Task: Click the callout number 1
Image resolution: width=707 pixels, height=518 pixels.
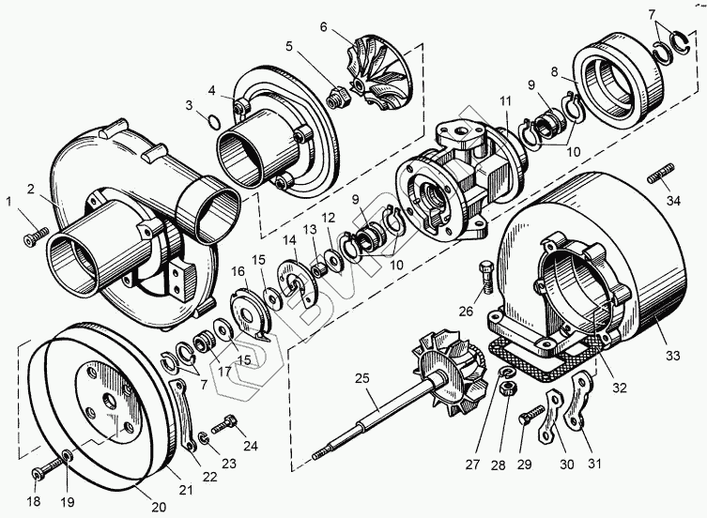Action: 10,201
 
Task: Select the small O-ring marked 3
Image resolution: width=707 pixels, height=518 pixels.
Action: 214,121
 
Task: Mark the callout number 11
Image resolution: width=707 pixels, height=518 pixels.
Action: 505,100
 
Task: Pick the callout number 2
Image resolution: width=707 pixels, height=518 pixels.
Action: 32,190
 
